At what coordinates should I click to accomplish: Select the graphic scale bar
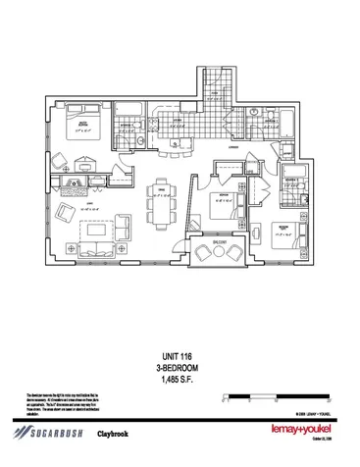(269, 396)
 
